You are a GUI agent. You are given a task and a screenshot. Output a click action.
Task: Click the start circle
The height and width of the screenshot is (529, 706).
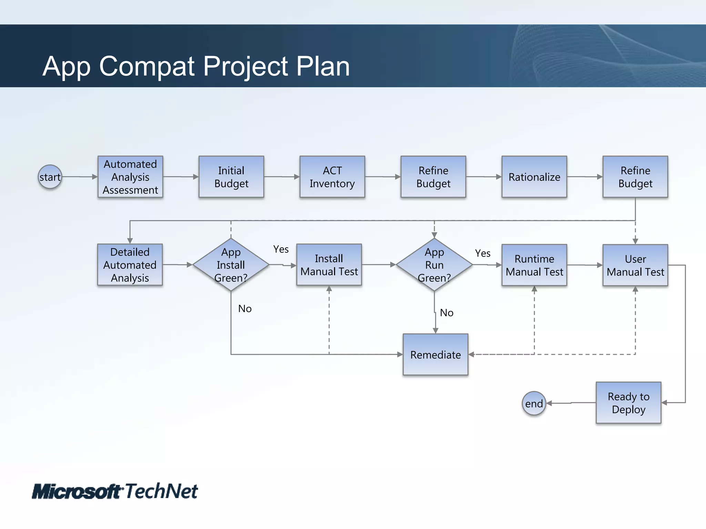[x=50, y=177]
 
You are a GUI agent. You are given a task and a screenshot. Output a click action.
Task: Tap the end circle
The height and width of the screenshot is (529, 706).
[x=534, y=403]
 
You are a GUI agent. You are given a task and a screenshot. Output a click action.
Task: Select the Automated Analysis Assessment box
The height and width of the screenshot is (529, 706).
[x=130, y=177]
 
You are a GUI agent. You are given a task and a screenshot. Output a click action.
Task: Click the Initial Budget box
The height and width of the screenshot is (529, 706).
[x=231, y=177]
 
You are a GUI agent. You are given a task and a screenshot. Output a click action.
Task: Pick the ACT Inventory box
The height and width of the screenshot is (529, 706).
[x=332, y=177]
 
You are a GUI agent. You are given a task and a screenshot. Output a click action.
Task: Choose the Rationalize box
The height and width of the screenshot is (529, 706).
[x=534, y=177]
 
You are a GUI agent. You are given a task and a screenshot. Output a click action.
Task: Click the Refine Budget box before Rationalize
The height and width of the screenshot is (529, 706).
[x=433, y=177]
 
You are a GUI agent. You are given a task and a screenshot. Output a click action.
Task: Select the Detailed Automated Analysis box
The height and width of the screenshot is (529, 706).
[x=130, y=265]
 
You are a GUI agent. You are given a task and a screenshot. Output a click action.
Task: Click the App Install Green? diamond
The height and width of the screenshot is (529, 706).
[x=231, y=264]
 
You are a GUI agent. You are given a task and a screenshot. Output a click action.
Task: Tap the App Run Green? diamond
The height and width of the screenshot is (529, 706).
[x=434, y=264]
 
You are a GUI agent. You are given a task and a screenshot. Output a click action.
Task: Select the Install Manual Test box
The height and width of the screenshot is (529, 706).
[x=329, y=265]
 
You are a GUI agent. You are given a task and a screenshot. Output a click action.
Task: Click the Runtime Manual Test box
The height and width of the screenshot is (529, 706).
[x=534, y=265]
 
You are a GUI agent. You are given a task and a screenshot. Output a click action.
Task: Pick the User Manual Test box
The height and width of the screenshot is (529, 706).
[x=635, y=265]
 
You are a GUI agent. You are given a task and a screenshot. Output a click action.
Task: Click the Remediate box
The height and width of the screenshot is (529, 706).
[x=435, y=354]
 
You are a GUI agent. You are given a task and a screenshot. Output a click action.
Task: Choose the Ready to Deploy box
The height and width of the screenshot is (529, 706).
[x=628, y=403]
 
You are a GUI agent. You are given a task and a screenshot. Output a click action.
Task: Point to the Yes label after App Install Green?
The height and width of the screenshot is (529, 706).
[x=281, y=249]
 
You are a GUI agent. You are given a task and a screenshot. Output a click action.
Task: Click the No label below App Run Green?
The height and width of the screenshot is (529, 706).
[x=446, y=313]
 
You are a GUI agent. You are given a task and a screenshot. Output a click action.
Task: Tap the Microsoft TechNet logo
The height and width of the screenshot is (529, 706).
[x=115, y=491]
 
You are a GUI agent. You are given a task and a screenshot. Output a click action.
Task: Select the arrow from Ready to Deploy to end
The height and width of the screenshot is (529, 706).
[x=571, y=403]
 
